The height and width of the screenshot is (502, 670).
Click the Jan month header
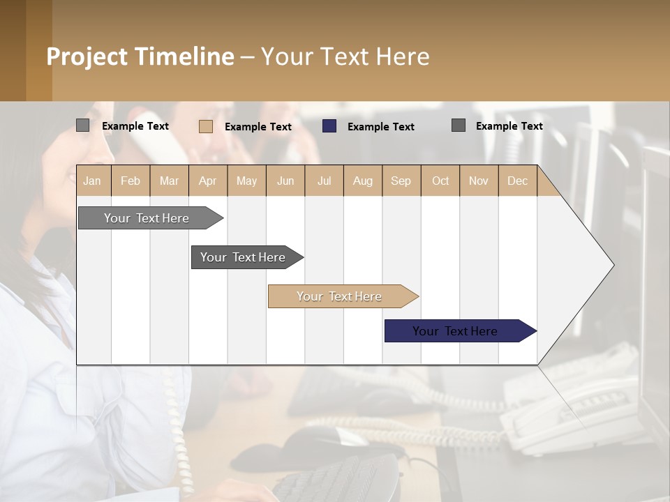(92, 181)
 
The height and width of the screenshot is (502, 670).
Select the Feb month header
(131, 181)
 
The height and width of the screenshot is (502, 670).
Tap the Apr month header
(207, 181)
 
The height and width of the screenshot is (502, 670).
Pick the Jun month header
(285, 181)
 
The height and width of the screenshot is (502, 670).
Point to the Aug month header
(362, 181)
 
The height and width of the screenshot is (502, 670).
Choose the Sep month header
(401, 181)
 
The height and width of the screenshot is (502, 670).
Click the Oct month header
(440, 181)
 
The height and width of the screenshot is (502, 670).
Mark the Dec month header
(517, 181)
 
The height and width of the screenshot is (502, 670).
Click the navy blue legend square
(329, 126)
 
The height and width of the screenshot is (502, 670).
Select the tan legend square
(206, 126)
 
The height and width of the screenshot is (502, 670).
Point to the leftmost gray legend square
(82, 125)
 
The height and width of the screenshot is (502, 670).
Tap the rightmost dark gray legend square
(459, 125)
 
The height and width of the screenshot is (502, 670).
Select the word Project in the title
(87, 56)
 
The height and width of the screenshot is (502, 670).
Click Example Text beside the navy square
(380, 127)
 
